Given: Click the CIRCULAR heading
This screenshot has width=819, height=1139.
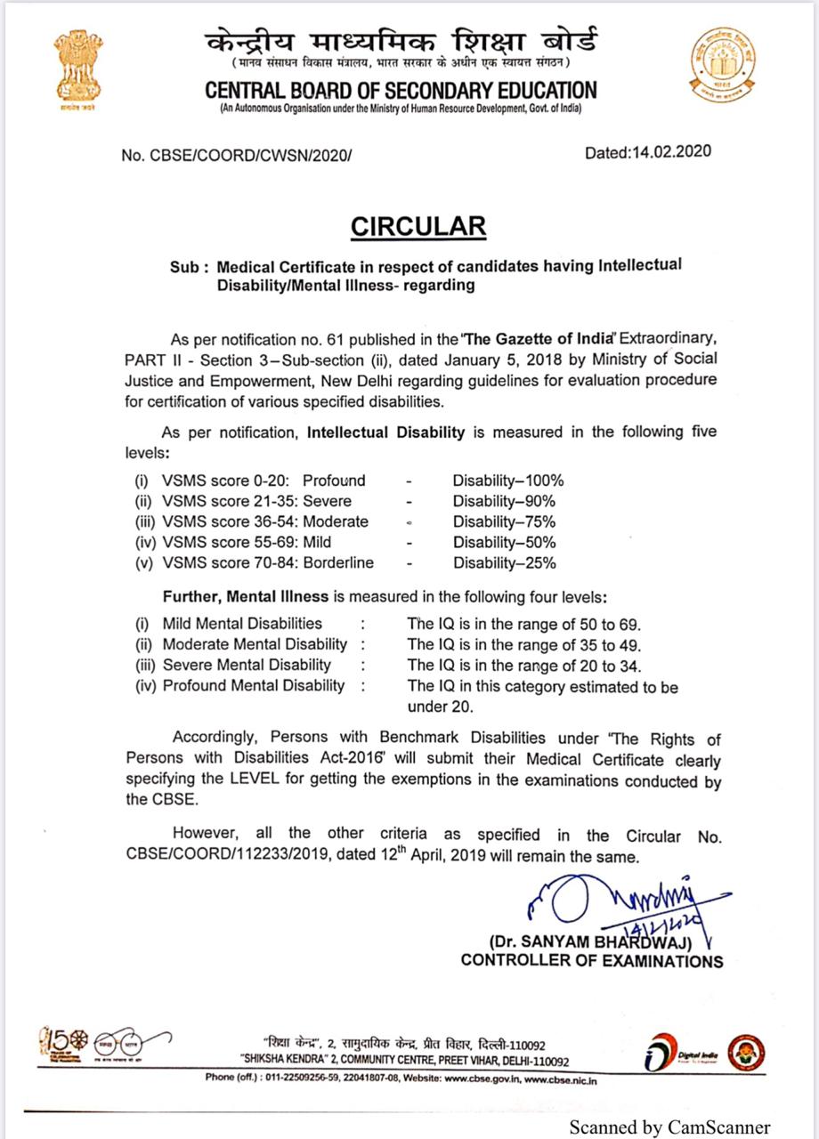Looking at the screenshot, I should pyautogui.click(x=418, y=226).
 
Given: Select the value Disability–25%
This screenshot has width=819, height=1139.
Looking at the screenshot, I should pyautogui.click(x=504, y=562).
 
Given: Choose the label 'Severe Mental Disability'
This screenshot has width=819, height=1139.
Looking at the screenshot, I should pyautogui.click(x=246, y=665).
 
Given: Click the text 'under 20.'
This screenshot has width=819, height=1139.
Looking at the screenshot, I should pyautogui.click(x=440, y=707).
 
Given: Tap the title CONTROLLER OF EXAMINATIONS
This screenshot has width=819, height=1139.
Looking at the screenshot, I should pyautogui.click(x=591, y=961).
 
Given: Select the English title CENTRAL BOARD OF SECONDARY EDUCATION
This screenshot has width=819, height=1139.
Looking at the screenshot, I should pyautogui.click(x=401, y=90).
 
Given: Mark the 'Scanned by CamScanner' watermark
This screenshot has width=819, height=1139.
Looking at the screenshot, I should pyautogui.click(x=670, y=1126).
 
